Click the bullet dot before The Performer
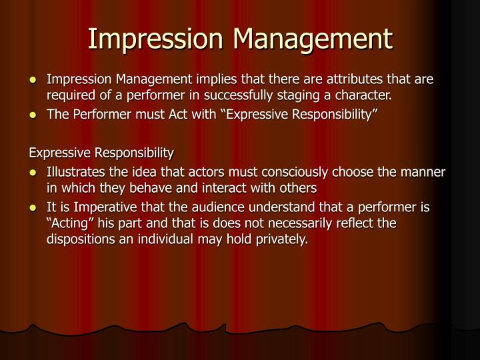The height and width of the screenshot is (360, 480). tap(34, 115)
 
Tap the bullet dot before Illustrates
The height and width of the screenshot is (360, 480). tap(34, 172)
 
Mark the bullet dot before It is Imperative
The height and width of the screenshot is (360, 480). tap(34, 207)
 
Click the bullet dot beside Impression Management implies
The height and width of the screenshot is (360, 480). tap(34, 81)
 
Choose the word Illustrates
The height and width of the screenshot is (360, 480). tap(75, 172)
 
